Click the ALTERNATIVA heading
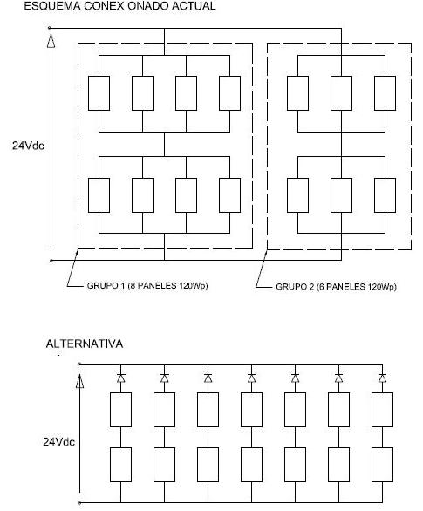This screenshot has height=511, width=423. (85, 344)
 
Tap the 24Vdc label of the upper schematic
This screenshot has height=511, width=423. (28, 146)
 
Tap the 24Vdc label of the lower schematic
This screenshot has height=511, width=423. (59, 442)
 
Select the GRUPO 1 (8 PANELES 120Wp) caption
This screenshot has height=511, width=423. (147, 286)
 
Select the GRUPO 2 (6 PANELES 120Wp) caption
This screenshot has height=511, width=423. (336, 287)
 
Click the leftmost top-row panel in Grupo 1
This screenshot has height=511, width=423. (99, 93)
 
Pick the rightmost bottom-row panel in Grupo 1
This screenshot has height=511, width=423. (229, 195)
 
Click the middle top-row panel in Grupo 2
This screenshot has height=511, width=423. (341, 93)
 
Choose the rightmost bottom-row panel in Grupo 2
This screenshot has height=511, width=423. (385, 195)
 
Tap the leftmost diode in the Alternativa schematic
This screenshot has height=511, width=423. (120, 378)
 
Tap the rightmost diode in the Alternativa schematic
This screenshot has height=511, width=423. (382, 378)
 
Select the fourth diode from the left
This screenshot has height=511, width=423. (251, 378)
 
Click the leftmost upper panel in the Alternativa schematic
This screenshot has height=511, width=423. (120, 410)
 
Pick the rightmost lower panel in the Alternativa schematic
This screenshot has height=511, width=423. (382, 465)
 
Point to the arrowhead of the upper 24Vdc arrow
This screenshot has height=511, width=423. (51, 41)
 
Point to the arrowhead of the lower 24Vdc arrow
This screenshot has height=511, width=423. (79, 381)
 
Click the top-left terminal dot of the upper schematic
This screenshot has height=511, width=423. (49, 28)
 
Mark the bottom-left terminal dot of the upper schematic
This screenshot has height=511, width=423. (51, 261)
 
